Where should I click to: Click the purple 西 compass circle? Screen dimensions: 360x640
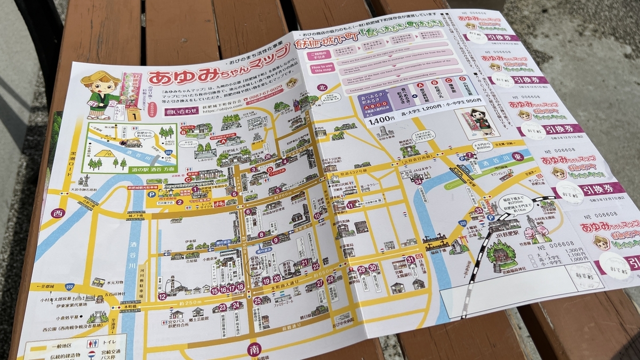click(x=57, y=213)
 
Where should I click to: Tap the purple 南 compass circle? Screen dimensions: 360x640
click(x=254, y=349)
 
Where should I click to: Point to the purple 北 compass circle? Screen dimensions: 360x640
click(x=321, y=87)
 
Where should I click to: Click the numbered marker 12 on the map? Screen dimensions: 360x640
click(x=162, y=295)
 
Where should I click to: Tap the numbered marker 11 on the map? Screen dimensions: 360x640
click(x=350, y=204)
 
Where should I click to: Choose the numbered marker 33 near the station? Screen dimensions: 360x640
click(x=478, y=210)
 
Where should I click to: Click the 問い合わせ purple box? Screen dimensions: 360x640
click(x=170, y=113)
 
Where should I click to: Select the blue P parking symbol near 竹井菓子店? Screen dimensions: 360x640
click(x=174, y=194)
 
